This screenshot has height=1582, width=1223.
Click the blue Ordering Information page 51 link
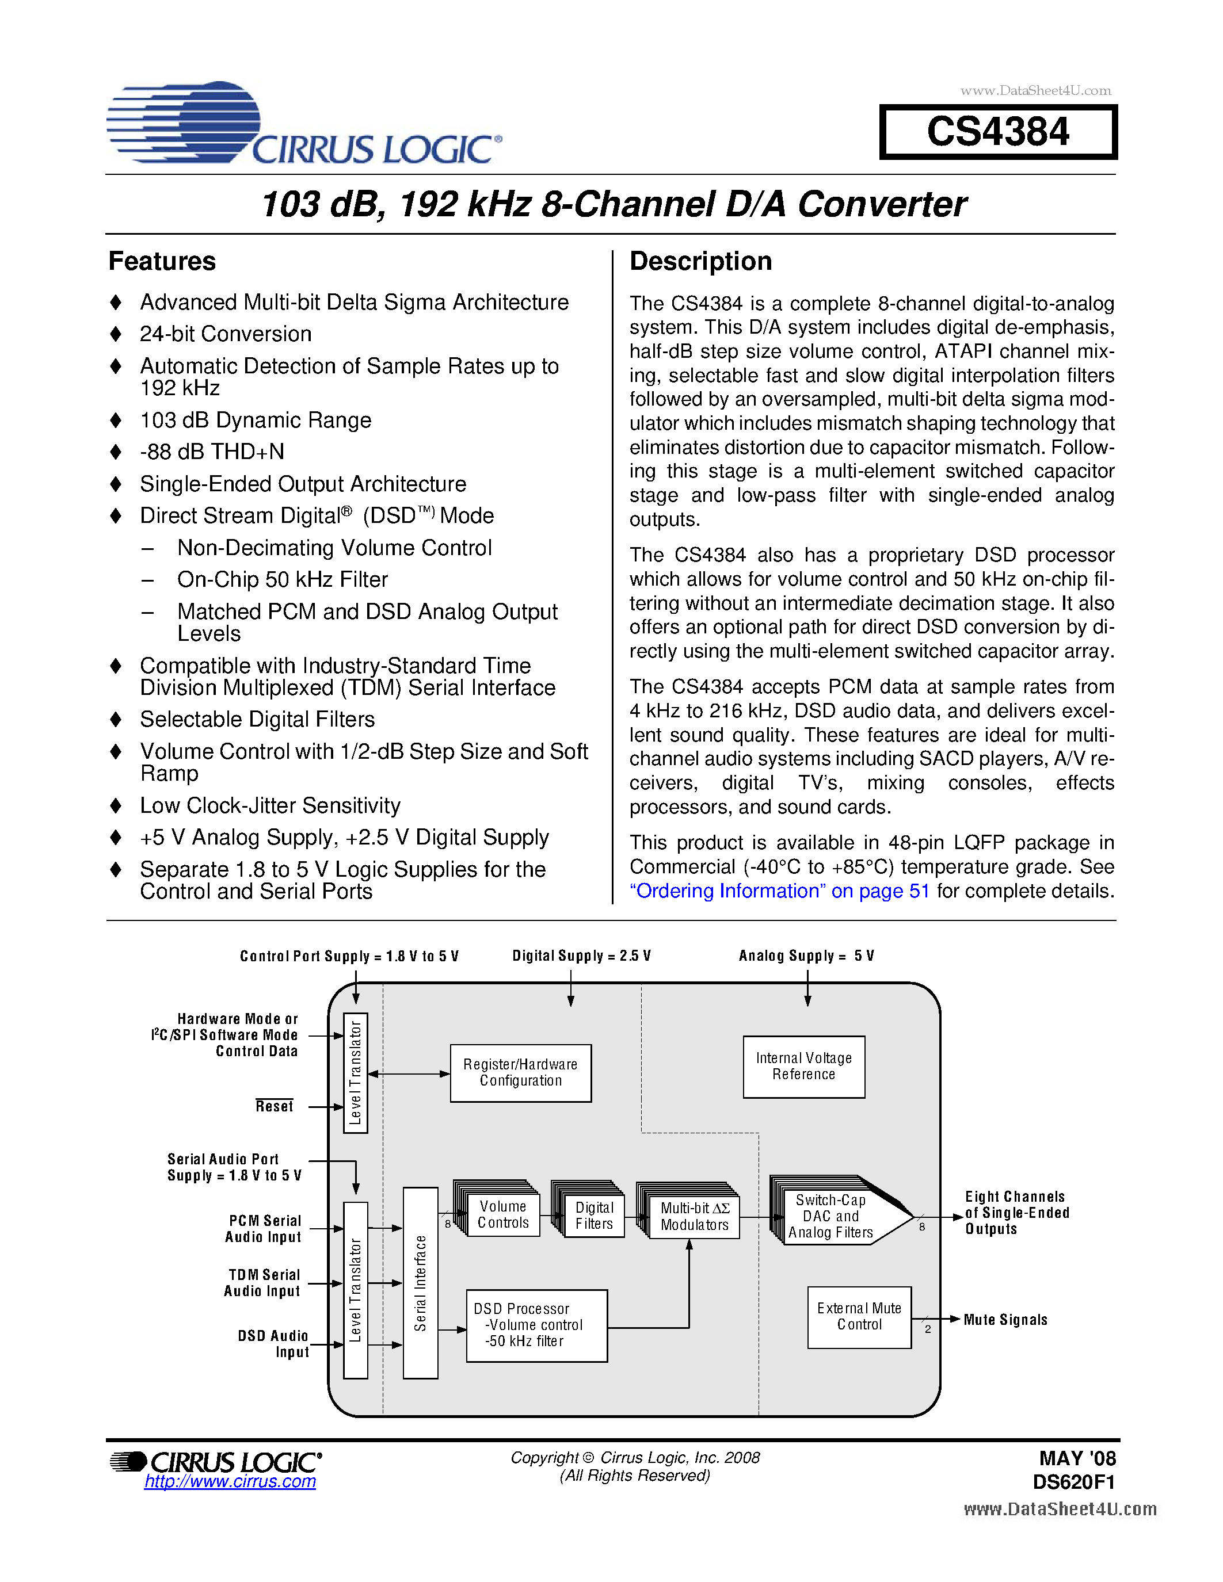point(779,891)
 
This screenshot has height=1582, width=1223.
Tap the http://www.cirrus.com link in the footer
point(230,1481)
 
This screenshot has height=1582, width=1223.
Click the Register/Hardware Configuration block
point(520,1073)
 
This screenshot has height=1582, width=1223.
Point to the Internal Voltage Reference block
point(803,1066)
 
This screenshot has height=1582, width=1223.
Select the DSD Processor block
point(536,1325)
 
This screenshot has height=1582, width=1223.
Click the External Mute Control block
point(859,1317)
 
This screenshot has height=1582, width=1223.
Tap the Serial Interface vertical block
point(420,1283)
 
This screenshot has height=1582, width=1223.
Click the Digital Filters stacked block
point(593,1216)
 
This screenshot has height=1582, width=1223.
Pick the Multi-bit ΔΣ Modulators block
point(694,1216)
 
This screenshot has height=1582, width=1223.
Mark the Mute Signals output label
point(1005,1320)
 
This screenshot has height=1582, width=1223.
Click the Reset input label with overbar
point(274,1106)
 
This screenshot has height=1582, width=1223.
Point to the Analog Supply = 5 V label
point(806,956)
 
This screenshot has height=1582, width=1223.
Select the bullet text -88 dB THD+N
point(212,452)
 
